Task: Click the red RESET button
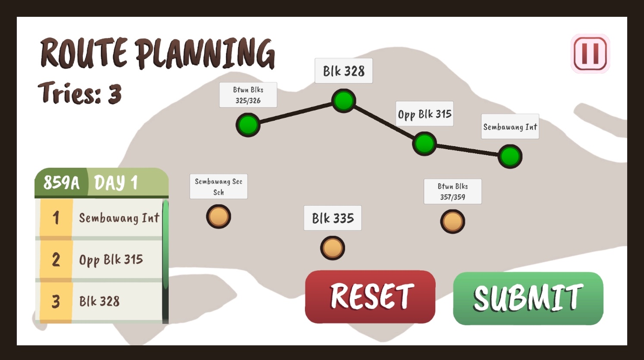click(x=370, y=297)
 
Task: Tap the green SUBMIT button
click(x=528, y=298)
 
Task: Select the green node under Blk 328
click(x=343, y=101)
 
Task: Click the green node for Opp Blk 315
click(x=424, y=144)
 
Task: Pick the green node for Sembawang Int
click(x=510, y=157)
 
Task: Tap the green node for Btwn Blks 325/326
click(x=248, y=125)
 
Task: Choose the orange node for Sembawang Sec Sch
click(x=219, y=216)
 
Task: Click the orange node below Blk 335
click(x=333, y=248)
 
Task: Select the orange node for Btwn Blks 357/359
click(x=452, y=222)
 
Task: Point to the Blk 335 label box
click(x=333, y=218)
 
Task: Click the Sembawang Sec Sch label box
click(x=219, y=187)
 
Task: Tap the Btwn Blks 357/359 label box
click(x=452, y=191)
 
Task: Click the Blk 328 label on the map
click(x=344, y=71)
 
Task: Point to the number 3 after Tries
click(x=114, y=94)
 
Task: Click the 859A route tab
click(x=61, y=183)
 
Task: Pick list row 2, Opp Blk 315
click(x=111, y=260)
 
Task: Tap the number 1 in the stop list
click(x=56, y=218)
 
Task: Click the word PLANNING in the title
click(x=205, y=53)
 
